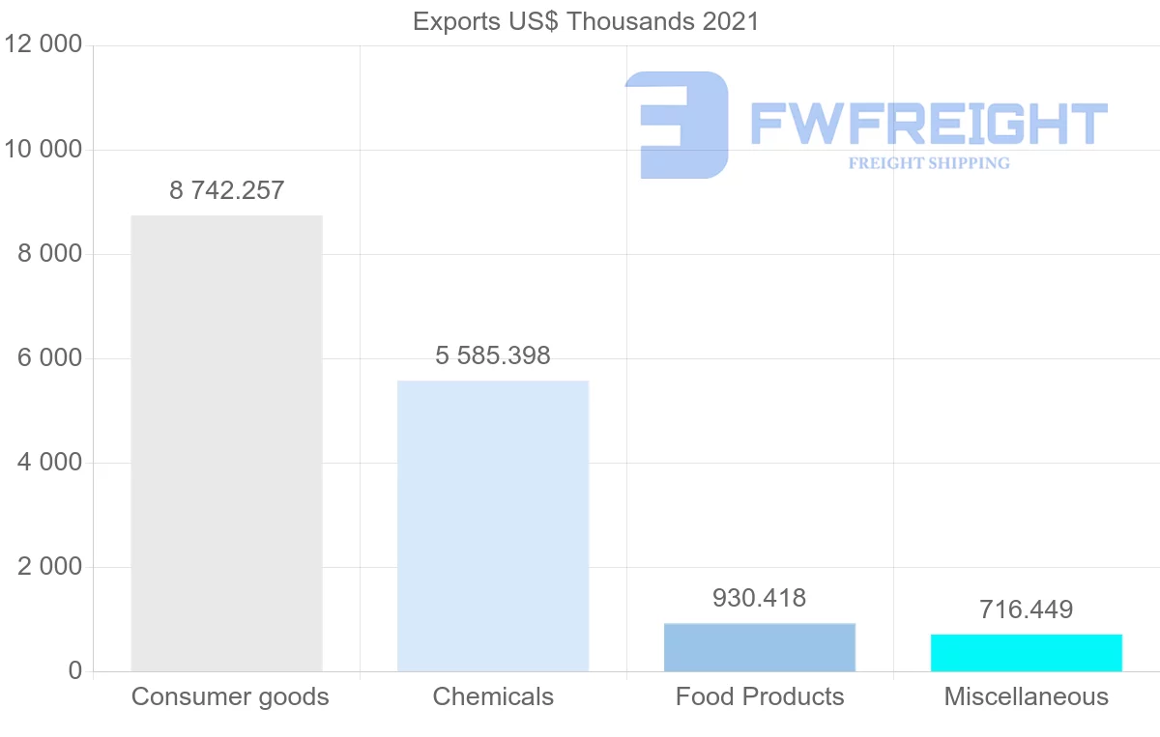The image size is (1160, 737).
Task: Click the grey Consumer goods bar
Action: click(226, 443)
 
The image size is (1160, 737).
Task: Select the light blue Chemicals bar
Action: click(493, 525)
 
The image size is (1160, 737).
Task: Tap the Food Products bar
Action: click(760, 647)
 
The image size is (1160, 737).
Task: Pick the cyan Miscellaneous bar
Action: click(1026, 653)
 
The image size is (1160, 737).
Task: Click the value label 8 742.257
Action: click(226, 190)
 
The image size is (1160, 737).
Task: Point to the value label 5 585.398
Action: click(493, 355)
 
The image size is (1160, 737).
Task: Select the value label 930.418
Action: click(759, 598)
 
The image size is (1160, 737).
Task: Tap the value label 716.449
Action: click(1026, 609)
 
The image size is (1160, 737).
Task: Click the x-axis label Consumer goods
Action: click(230, 696)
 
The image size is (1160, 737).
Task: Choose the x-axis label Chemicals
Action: click(493, 696)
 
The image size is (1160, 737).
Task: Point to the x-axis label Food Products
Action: click(760, 696)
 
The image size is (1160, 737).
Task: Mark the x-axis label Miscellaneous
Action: click(1026, 696)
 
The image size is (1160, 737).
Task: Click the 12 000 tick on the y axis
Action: click(43, 45)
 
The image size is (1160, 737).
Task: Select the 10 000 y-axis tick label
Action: click(43, 150)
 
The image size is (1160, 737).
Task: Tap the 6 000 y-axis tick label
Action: click(49, 358)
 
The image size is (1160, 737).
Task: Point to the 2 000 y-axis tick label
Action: click(49, 567)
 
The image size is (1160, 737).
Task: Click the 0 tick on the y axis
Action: click(74, 671)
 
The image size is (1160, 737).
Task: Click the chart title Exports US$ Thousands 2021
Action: click(586, 21)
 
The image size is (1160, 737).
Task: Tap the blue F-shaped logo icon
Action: click(677, 125)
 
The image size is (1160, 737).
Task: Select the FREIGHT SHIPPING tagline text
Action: click(929, 163)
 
